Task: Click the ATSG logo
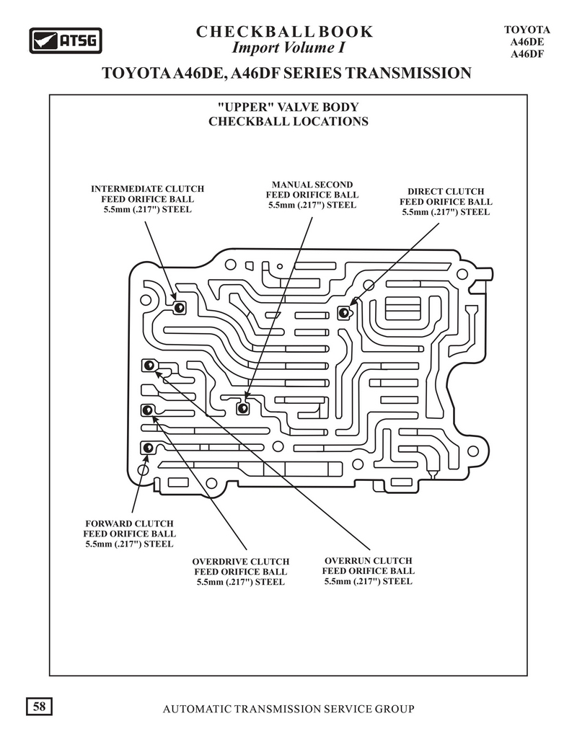[x=66, y=40]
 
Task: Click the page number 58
[x=39, y=707]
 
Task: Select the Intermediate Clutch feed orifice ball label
[x=148, y=199]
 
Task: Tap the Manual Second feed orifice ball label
[x=312, y=195]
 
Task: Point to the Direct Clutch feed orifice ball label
[x=446, y=202]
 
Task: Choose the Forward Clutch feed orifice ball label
[x=129, y=534]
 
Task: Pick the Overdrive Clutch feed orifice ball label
[x=240, y=572]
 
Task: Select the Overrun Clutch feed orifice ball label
[x=369, y=570]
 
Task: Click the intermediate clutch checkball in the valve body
[x=180, y=308]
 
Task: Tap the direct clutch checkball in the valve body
[x=343, y=312]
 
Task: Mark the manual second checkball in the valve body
[x=243, y=407]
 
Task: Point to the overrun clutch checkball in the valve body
[x=148, y=366]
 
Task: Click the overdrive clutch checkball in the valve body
[x=147, y=410]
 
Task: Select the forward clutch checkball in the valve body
[x=147, y=448]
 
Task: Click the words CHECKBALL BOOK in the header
[x=284, y=32]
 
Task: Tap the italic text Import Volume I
[x=288, y=48]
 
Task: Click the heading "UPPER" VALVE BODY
[x=288, y=107]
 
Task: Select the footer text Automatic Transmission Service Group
[x=288, y=709]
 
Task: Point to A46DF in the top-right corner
[x=527, y=54]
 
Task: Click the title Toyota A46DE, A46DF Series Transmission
[x=287, y=74]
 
